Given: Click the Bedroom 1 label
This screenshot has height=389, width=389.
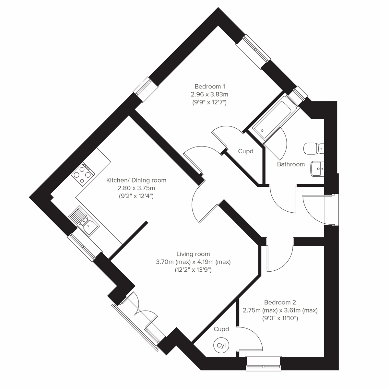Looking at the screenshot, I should click(x=210, y=87).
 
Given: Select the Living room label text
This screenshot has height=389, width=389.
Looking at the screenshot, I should click(x=193, y=254).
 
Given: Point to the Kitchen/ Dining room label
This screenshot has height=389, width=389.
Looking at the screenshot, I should click(x=136, y=180).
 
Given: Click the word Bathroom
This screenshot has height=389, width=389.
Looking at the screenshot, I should click(x=291, y=164).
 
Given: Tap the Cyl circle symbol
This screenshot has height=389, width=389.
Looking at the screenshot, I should click(x=221, y=345).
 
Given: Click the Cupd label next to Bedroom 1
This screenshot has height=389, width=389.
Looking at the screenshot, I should click(x=245, y=151).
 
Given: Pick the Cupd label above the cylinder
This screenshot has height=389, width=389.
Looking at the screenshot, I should click(x=221, y=329).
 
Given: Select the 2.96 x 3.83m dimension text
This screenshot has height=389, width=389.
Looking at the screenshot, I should click(x=210, y=95).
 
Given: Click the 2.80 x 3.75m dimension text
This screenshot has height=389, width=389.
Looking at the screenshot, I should click(x=136, y=188).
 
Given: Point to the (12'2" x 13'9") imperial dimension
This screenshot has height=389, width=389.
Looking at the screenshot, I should click(x=193, y=270).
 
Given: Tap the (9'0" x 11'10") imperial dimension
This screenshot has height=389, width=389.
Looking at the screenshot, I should click(x=280, y=318).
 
